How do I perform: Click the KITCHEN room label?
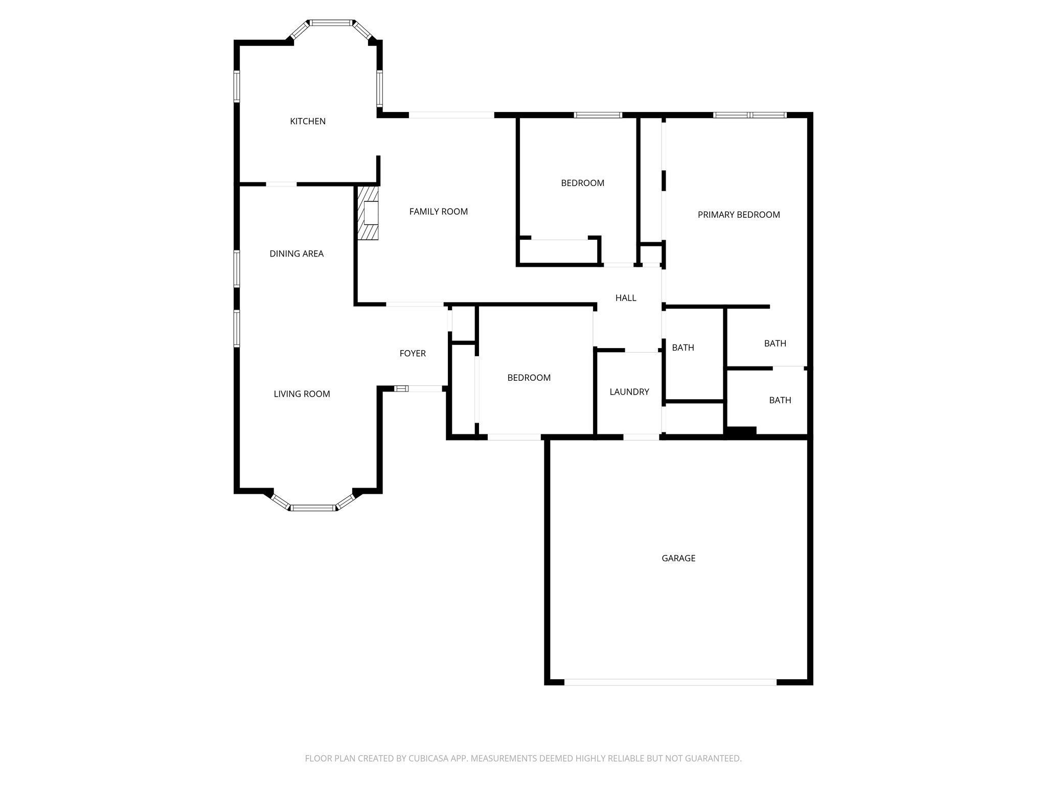click(x=308, y=121)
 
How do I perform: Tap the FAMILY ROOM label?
click(x=438, y=212)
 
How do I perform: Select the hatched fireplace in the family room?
click(x=368, y=213)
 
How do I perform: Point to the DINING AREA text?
click(x=297, y=253)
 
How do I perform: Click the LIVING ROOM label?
click(x=302, y=394)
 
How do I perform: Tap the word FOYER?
click(x=413, y=353)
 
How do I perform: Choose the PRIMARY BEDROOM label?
click(x=739, y=215)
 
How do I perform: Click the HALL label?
click(x=626, y=298)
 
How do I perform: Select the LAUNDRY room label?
click(x=629, y=392)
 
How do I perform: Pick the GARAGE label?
click(x=678, y=558)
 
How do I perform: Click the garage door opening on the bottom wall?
click(x=670, y=682)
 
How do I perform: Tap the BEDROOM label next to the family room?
click(x=582, y=183)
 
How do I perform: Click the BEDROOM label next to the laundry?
click(x=529, y=378)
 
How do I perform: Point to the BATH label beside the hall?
click(x=683, y=348)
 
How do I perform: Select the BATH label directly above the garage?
click(x=780, y=400)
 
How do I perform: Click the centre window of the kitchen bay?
click(x=331, y=22)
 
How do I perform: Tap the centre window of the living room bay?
click(x=313, y=508)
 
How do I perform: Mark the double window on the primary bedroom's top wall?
click(x=750, y=115)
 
